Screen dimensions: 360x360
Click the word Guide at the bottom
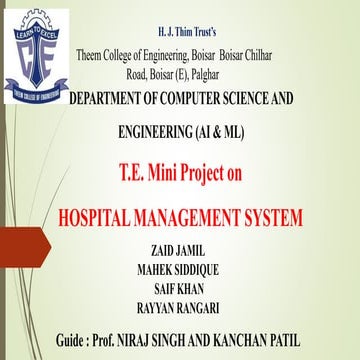[x=77, y=340]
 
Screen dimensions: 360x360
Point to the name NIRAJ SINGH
[x=181, y=340]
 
